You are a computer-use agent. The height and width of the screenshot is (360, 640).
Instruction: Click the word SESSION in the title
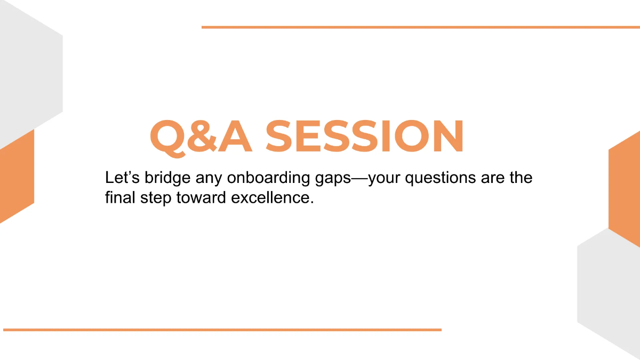tap(364, 136)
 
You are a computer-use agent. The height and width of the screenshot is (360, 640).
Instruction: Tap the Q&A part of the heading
tap(201, 138)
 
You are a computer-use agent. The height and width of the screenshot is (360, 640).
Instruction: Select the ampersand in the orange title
tap(202, 136)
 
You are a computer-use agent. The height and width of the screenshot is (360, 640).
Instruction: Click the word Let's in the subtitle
tap(122, 178)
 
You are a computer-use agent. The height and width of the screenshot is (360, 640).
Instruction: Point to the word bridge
tap(167, 178)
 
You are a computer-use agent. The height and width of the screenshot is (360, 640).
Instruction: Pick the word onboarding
tap(268, 178)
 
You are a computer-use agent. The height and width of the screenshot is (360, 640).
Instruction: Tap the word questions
tap(441, 178)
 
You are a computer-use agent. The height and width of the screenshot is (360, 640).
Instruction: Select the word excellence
tap(273, 197)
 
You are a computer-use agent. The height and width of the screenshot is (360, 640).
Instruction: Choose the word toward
tap(201, 197)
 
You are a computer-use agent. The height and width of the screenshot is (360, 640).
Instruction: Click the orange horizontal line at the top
tap(421, 27)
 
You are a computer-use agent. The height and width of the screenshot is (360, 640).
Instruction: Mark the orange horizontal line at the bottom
tap(222, 330)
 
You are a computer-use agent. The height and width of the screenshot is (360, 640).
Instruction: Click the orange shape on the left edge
tap(17, 177)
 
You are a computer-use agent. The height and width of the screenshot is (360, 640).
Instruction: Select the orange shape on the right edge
tap(625, 189)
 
